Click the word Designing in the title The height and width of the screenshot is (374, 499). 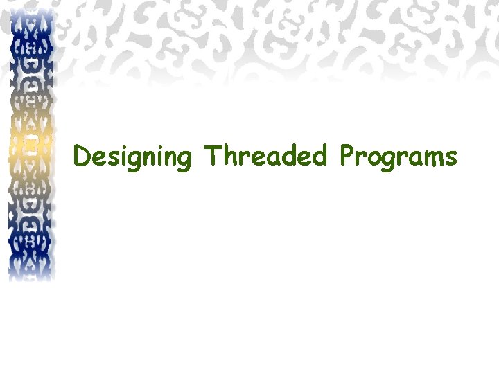pyautogui.click(x=132, y=157)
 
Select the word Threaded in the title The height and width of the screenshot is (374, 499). pyautogui.click(x=265, y=157)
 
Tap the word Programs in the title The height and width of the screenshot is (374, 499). pyautogui.click(x=398, y=157)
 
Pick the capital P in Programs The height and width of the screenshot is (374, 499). pyautogui.click(x=347, y=157)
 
